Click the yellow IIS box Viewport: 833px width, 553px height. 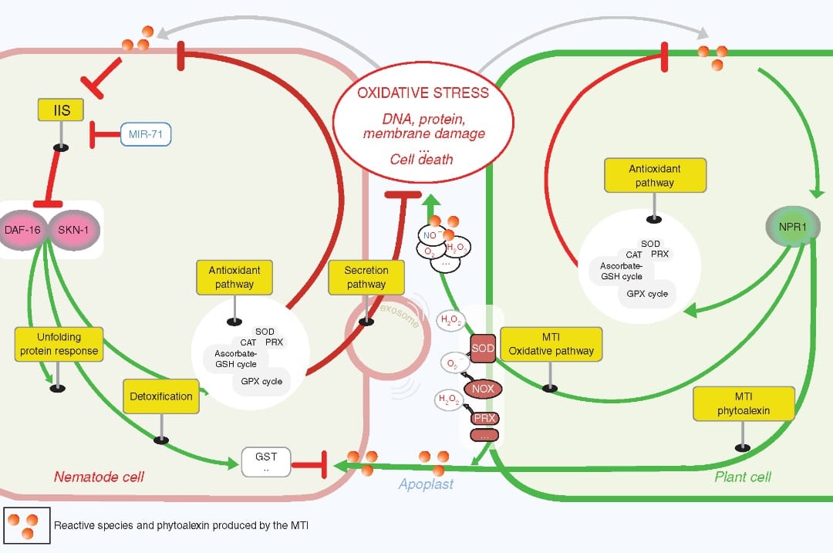62,110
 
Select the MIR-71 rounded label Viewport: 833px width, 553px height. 146,135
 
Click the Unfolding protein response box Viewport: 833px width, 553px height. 59,344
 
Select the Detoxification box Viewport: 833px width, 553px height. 162,396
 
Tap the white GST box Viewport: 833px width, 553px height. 266,462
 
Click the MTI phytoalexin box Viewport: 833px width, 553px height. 743,405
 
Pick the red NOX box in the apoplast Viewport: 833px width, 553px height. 483,389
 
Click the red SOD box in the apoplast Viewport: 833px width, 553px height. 483,349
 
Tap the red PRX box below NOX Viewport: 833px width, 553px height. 484,418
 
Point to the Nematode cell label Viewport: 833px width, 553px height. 99,477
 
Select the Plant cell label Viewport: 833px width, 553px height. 742,477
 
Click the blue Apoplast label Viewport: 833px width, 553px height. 426,484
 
